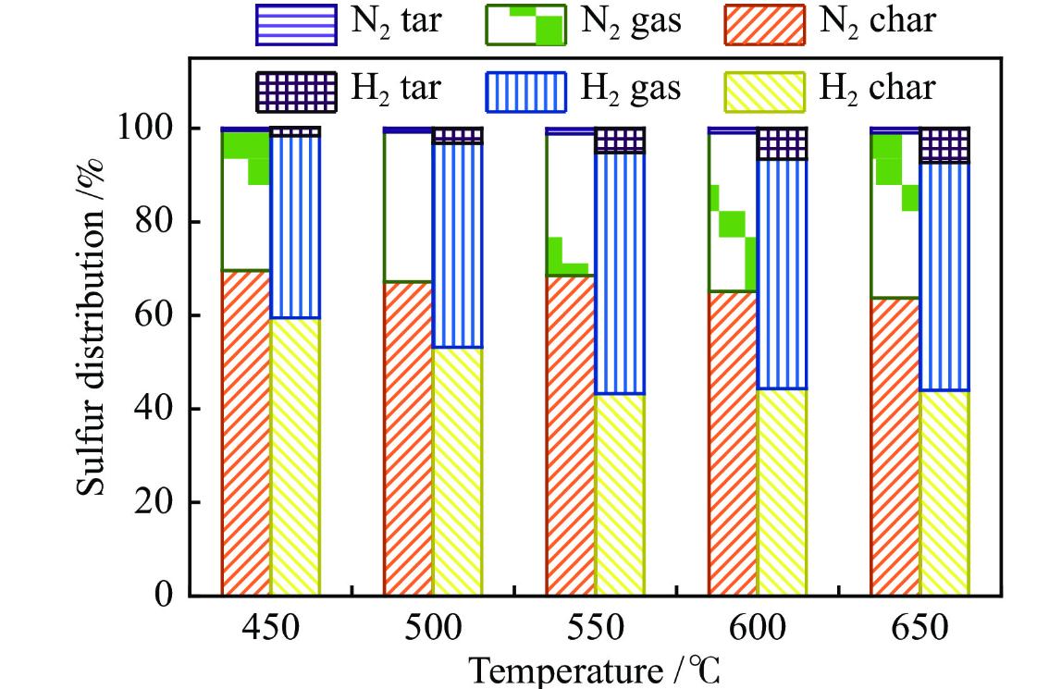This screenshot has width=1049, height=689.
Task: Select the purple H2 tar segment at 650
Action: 944,144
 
